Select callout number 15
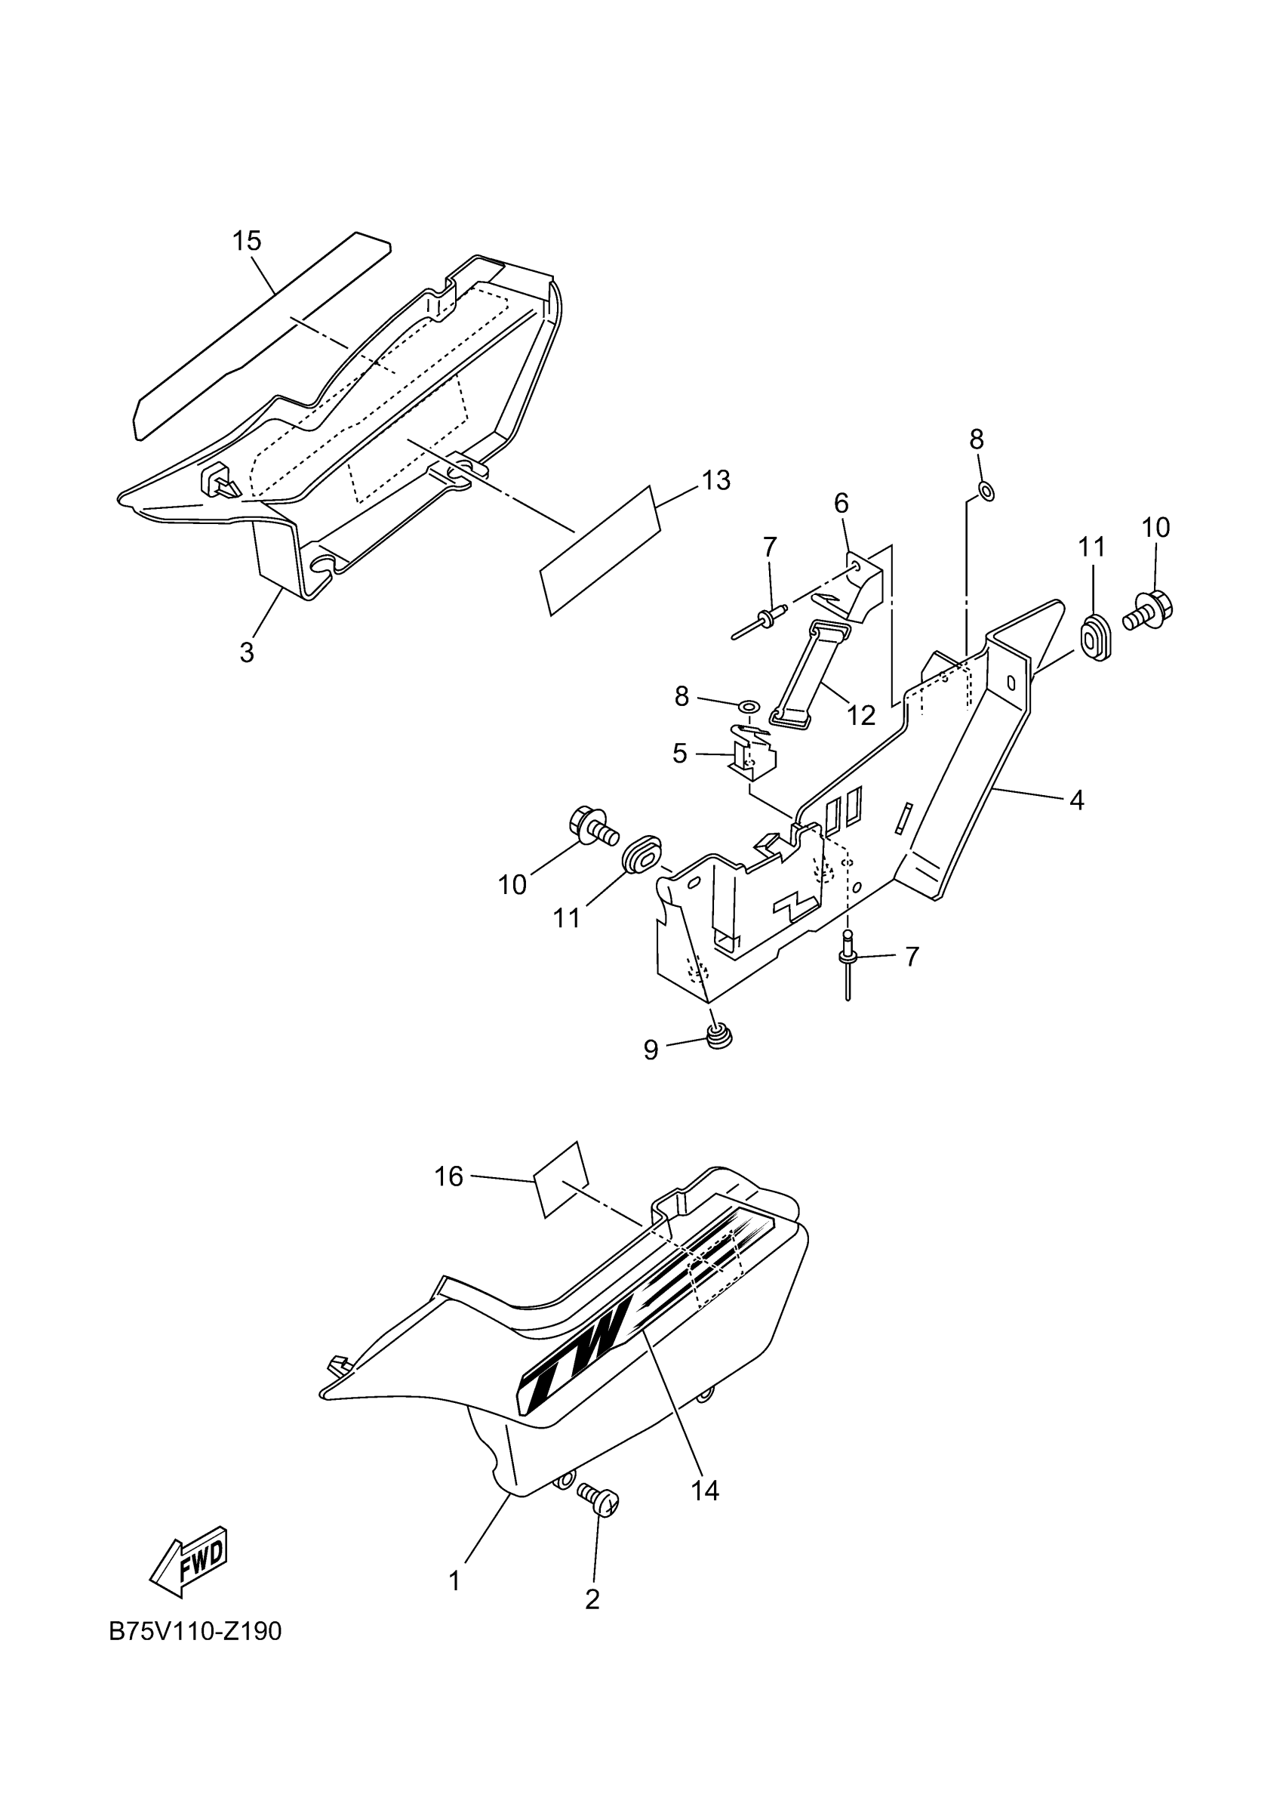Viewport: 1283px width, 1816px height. [x=247, y=241]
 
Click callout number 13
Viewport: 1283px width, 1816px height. [x=716, y=480]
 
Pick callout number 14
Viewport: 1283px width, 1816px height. [x=705, y=1491]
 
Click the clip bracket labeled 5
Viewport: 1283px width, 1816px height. [x=755, y=751]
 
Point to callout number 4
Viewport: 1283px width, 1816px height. [x=1076, y=800]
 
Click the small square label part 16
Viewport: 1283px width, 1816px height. [x=562, y=1192]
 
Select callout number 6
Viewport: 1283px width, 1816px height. [x=841, y=503]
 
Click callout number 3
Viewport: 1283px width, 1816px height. [x=247, y=652]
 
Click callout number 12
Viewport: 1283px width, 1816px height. [x=861, y=715]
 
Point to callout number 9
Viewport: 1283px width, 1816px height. [x=651, y=1050]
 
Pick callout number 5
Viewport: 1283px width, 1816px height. [x=680, y=754]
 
